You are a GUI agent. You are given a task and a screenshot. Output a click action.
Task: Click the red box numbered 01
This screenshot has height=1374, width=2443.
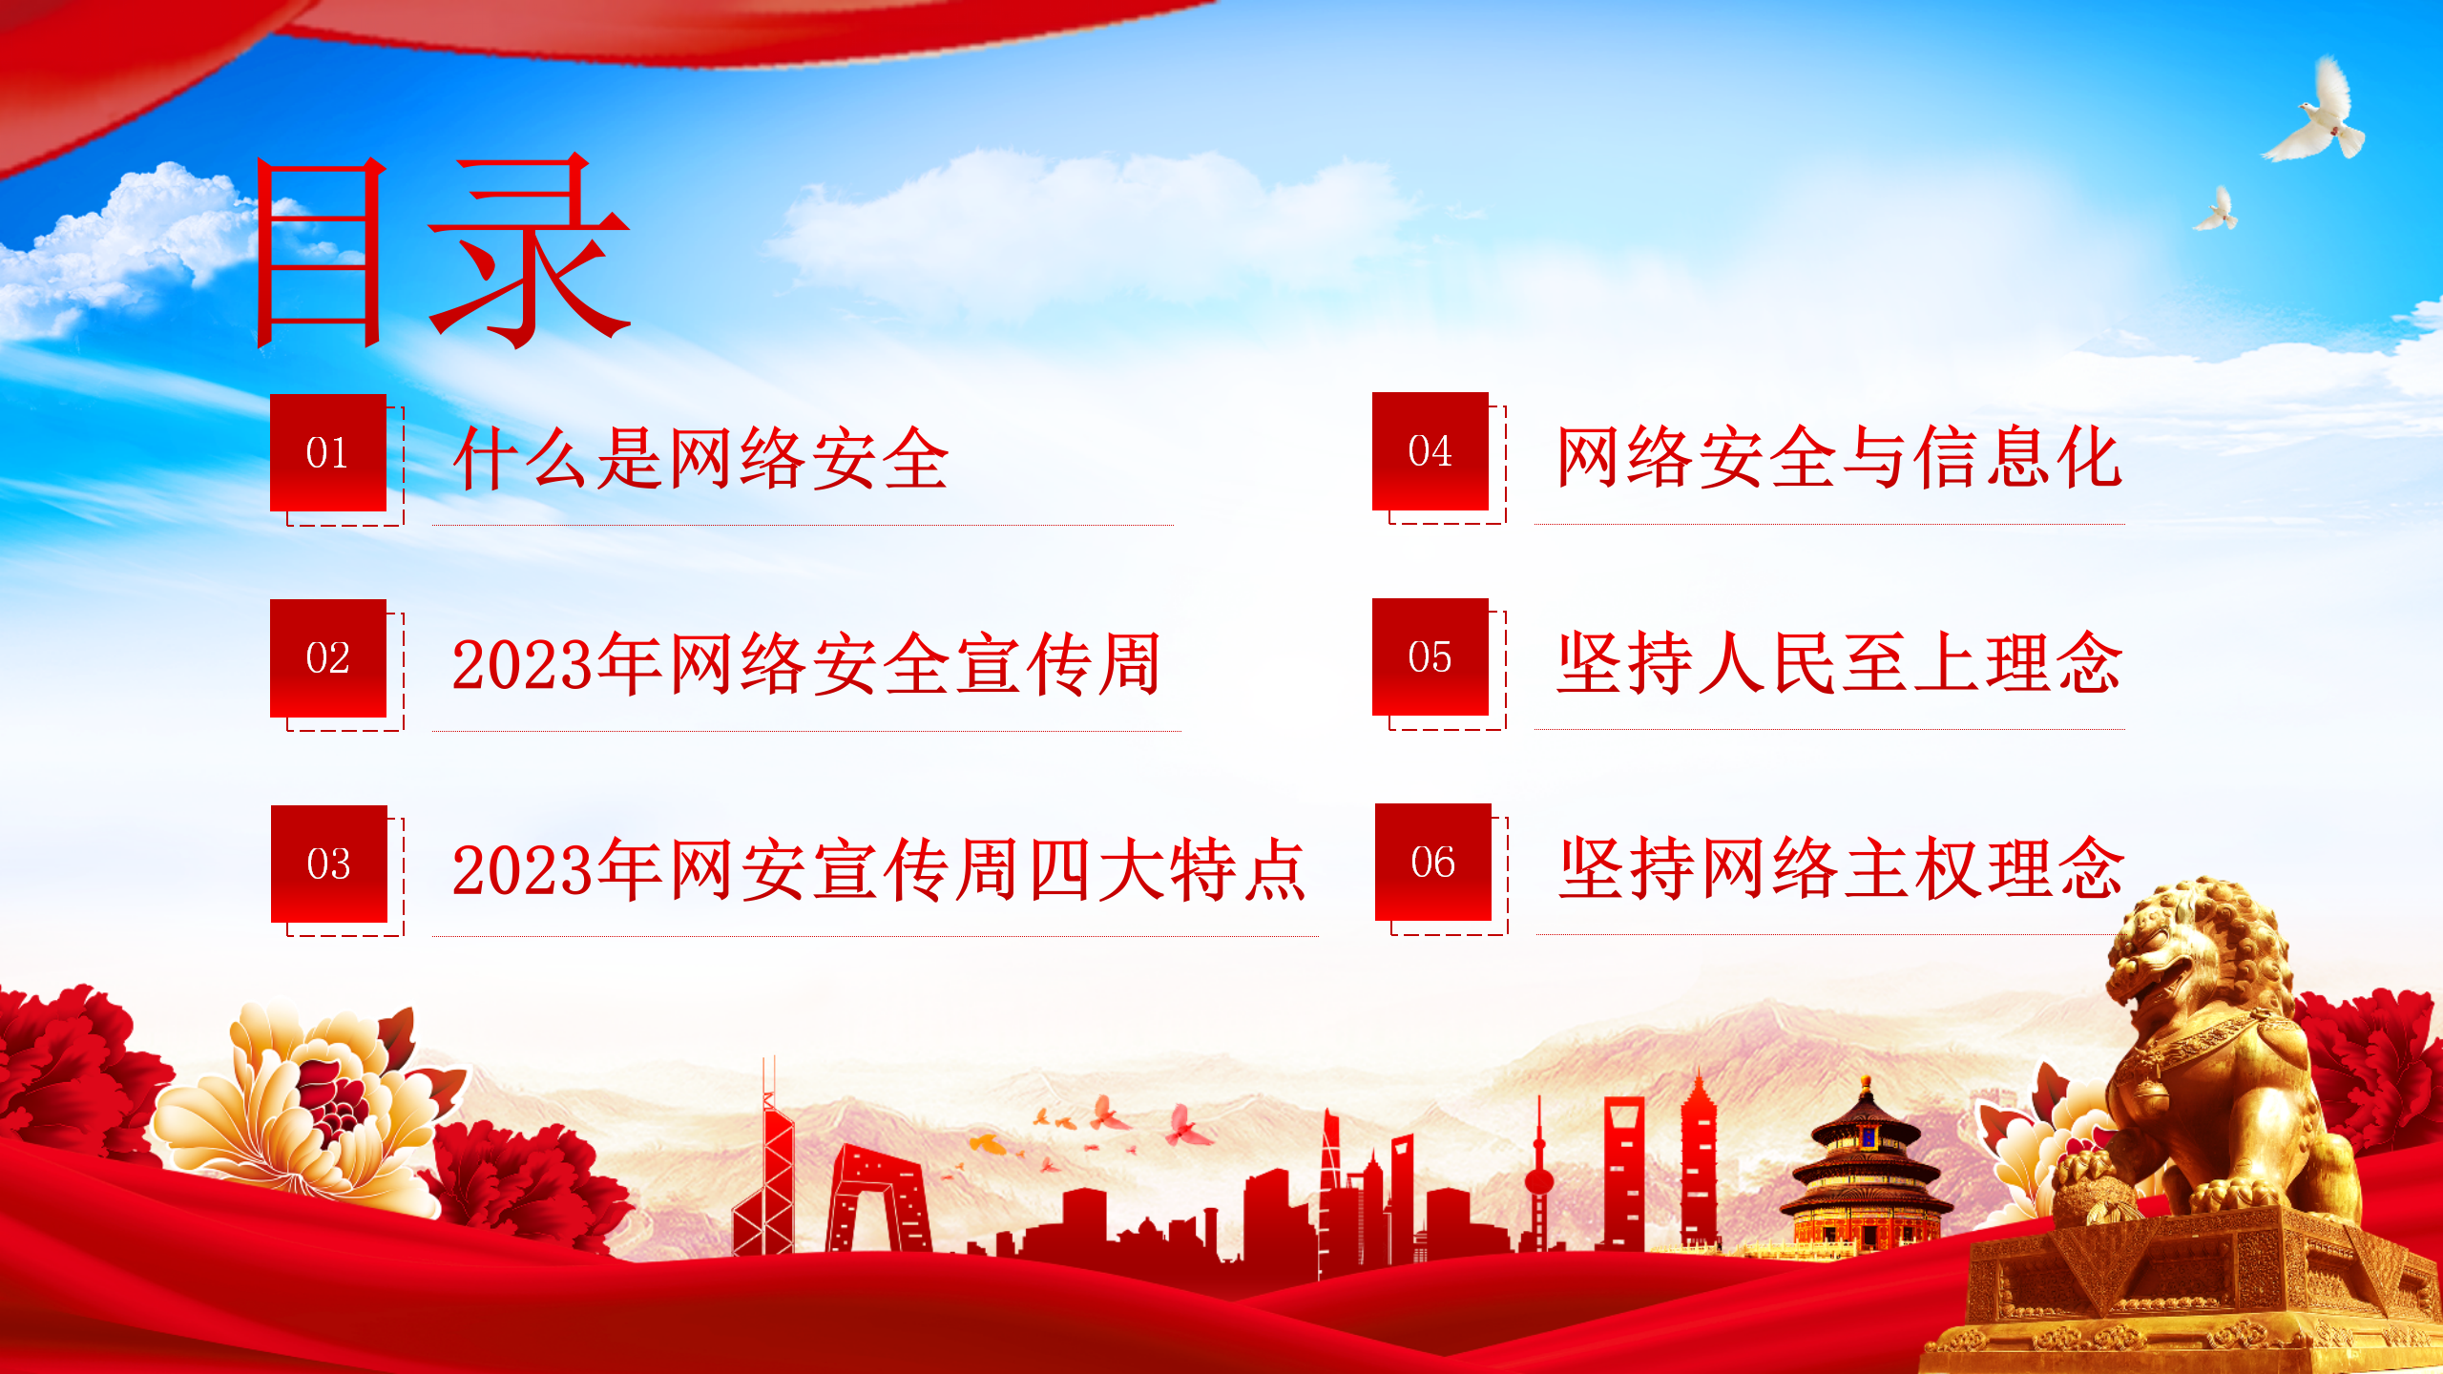coord(328,452)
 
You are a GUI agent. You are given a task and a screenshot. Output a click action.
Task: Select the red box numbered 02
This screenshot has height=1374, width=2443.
coord(328,658)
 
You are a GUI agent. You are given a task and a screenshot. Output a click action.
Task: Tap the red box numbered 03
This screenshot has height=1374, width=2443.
coord(329,864)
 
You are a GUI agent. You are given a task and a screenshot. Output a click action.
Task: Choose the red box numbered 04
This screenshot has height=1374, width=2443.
coord(1430,450)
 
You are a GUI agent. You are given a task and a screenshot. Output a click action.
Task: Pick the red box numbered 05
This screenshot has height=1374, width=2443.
coord(1430,656)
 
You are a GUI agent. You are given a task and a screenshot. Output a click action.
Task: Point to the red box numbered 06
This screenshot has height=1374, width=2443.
coord(1433,862)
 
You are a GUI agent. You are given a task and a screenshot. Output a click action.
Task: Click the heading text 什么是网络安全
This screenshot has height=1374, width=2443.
coord(701,459)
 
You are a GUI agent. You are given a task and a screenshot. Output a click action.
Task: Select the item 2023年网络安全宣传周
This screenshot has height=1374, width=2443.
coord(807,664)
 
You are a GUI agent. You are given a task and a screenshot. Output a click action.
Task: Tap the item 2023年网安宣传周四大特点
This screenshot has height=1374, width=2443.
coord(879,869)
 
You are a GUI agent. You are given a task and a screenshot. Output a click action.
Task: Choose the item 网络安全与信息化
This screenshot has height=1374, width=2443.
coord(1840,457)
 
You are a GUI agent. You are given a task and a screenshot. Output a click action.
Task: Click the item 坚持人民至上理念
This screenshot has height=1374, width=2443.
coord(1840,662)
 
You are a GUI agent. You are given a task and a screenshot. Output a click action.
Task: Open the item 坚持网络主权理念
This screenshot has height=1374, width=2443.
coord(1842,867)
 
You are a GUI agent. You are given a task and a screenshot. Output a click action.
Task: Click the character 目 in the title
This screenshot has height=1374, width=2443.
coord(321,253)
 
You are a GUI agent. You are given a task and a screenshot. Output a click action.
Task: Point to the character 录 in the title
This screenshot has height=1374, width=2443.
coord(529,250)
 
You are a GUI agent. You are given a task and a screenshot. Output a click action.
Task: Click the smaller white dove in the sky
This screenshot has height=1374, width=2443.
coord(2216,210)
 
